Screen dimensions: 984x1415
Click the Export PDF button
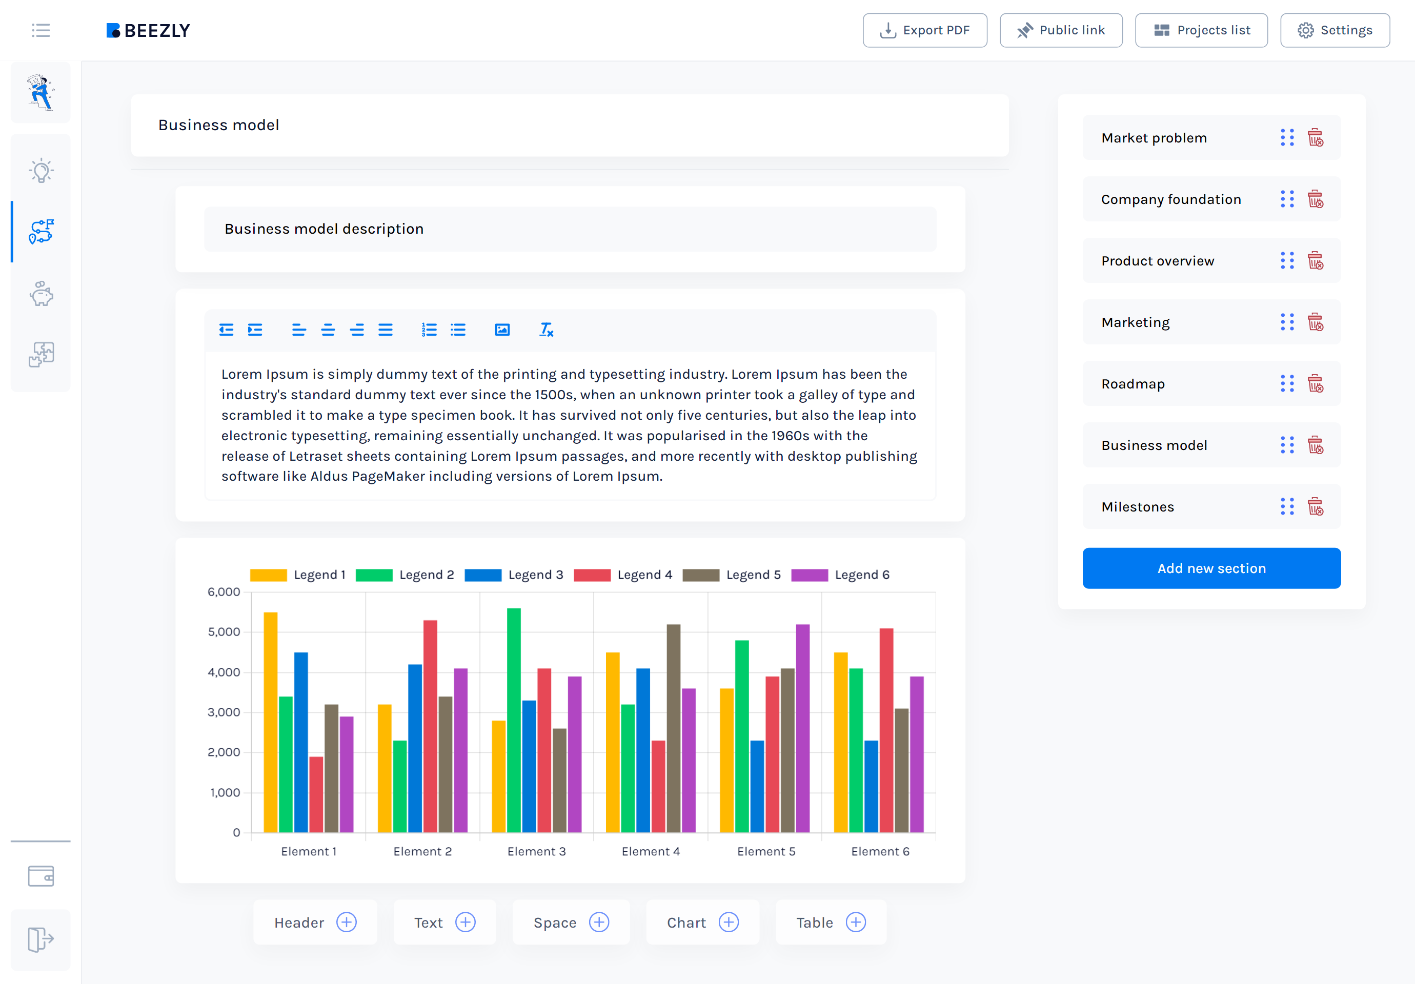pyautogui.click(x=924, y=30)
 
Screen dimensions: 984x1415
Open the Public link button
pyautogui.click(x=1061, y=30)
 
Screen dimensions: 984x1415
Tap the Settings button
pyautogui.click(x=1335, y=30)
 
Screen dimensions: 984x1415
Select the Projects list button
pyautogui.click(x=1201, y=30)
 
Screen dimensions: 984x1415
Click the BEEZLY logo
pyautogui.click(x=148, y=30)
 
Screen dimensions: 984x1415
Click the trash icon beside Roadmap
pyautogui.click(x=1315, y=384)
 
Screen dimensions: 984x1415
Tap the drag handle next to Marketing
pyautogui.click(x=1287, y=322)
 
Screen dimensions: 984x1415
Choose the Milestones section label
pyautogui.click(x=1138, y=507)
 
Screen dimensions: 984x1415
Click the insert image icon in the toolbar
pyautogui.click(x=502, y=330)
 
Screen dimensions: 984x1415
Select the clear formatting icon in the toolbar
pyautogui.click(x=546, y=330)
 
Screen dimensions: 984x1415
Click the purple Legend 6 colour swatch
pyautogui.click(x=809, y=575)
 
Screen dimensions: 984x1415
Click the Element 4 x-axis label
pyautogui.click(x=651, y=852)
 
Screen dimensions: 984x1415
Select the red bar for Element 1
pyautogui.click(x=316, y=794)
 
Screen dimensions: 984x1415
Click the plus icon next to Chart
pyautogui.click(x=729, y=922)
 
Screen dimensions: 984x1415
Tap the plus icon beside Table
pyautogui.click(x=856, y=922)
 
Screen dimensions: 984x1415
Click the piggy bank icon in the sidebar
pyautogui.click(x=42, y=294)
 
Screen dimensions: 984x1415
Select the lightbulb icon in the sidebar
pyautogui.click(x=42, y=171)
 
